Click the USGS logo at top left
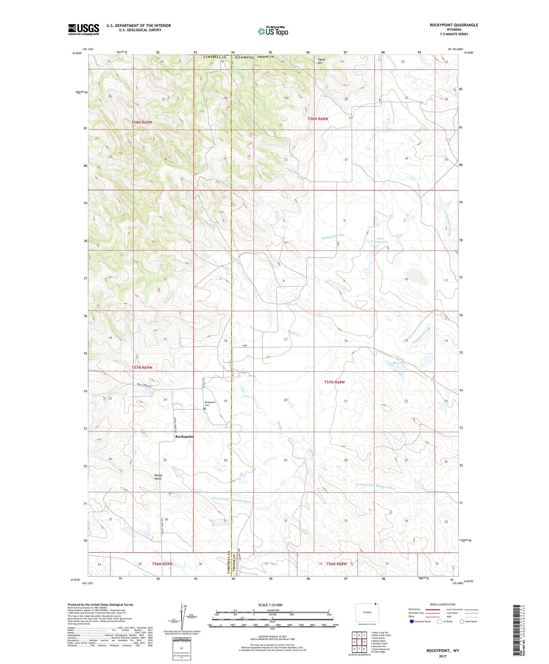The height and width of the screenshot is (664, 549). (x=83, y=29)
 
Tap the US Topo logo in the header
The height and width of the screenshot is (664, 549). (x=273, y=31)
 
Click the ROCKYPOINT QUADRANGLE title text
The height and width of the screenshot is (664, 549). (x=454, y=25)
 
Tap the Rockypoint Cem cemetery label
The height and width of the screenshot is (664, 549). (x=210, y=404)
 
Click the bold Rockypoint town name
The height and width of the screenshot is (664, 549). (x=184, y=437)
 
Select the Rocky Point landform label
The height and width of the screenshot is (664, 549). (x=158, y=477)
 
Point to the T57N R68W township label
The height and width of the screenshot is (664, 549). (x=335, y=382)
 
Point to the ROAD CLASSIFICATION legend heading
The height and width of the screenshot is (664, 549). (x=443, y=604)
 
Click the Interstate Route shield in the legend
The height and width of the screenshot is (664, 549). (x=412, y=622)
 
